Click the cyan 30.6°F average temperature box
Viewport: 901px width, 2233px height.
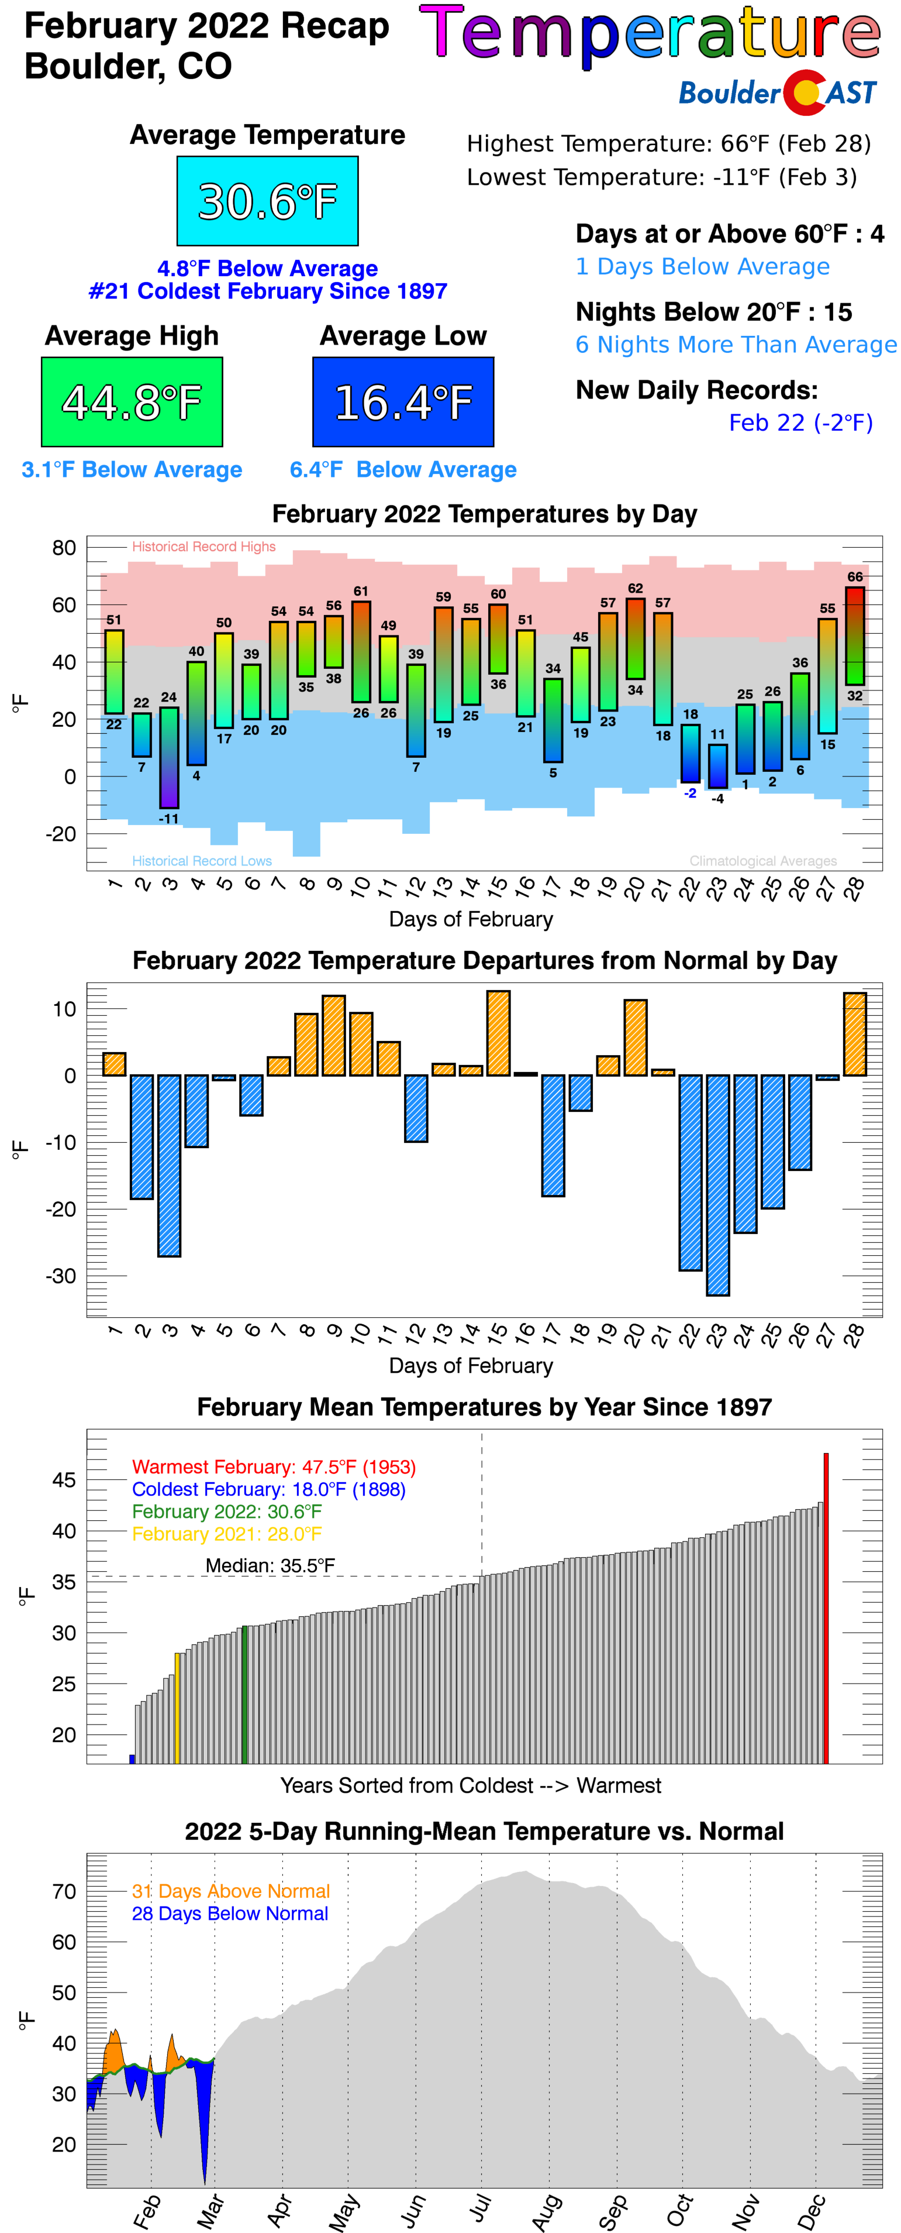pyautogui.click(x=267, y=201)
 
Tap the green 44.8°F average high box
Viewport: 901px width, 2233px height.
pyautogui.click(x=132, y=402)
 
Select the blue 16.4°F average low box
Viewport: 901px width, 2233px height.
pyautogui.click(x=403, y=402)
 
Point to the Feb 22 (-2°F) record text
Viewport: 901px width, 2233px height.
pyautogui.click(x=800, y=423)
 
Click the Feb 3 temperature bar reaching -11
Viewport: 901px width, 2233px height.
pyautogui.click(x=169, y=758)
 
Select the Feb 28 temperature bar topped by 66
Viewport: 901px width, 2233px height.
pyautogui.click(x=854, y=636)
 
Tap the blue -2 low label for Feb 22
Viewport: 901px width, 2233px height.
pyautogui.click(x=689, y=793)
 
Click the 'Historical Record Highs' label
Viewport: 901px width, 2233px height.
pyautogui.click(x=203, y=547)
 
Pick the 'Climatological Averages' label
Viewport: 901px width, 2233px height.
pyautogui.click(x=763, y=861)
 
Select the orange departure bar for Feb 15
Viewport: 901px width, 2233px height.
pyautogui.click(x=498, y=1033)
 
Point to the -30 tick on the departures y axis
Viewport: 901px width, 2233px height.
pyautogui.click(x=64, y=1276)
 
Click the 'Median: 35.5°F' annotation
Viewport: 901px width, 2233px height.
pyautogui.click(x=270, y=1565)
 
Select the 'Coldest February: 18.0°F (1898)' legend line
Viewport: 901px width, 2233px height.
pyautogui.click(x=268, y=1489)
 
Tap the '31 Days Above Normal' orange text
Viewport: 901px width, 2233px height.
pyautogui.click(x=230, y=1891)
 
